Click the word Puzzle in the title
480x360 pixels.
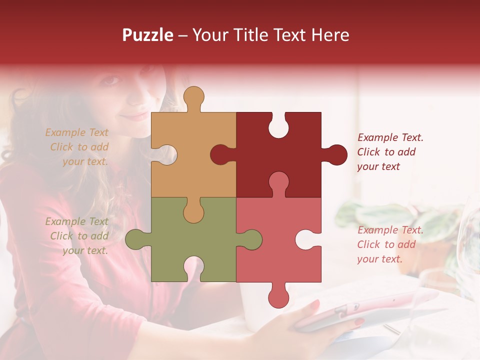[x=148, y=35]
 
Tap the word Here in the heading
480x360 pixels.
[x=330, y=35]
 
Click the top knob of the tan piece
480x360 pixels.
[x=194, y=97]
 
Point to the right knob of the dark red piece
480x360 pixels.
[x=336, y=154]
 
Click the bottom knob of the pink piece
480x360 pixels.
[x=278, y=297]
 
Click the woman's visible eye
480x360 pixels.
[x=112, y=80]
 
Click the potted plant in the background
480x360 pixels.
[x=400, y=225]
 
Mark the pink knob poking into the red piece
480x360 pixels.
[x=278, y=182]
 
